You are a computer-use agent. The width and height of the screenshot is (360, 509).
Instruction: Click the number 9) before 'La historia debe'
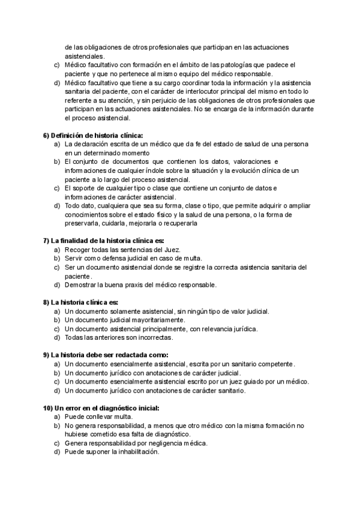[x=47, y=355]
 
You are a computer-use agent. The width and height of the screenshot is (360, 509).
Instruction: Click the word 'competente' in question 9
[x=274, y=364]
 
